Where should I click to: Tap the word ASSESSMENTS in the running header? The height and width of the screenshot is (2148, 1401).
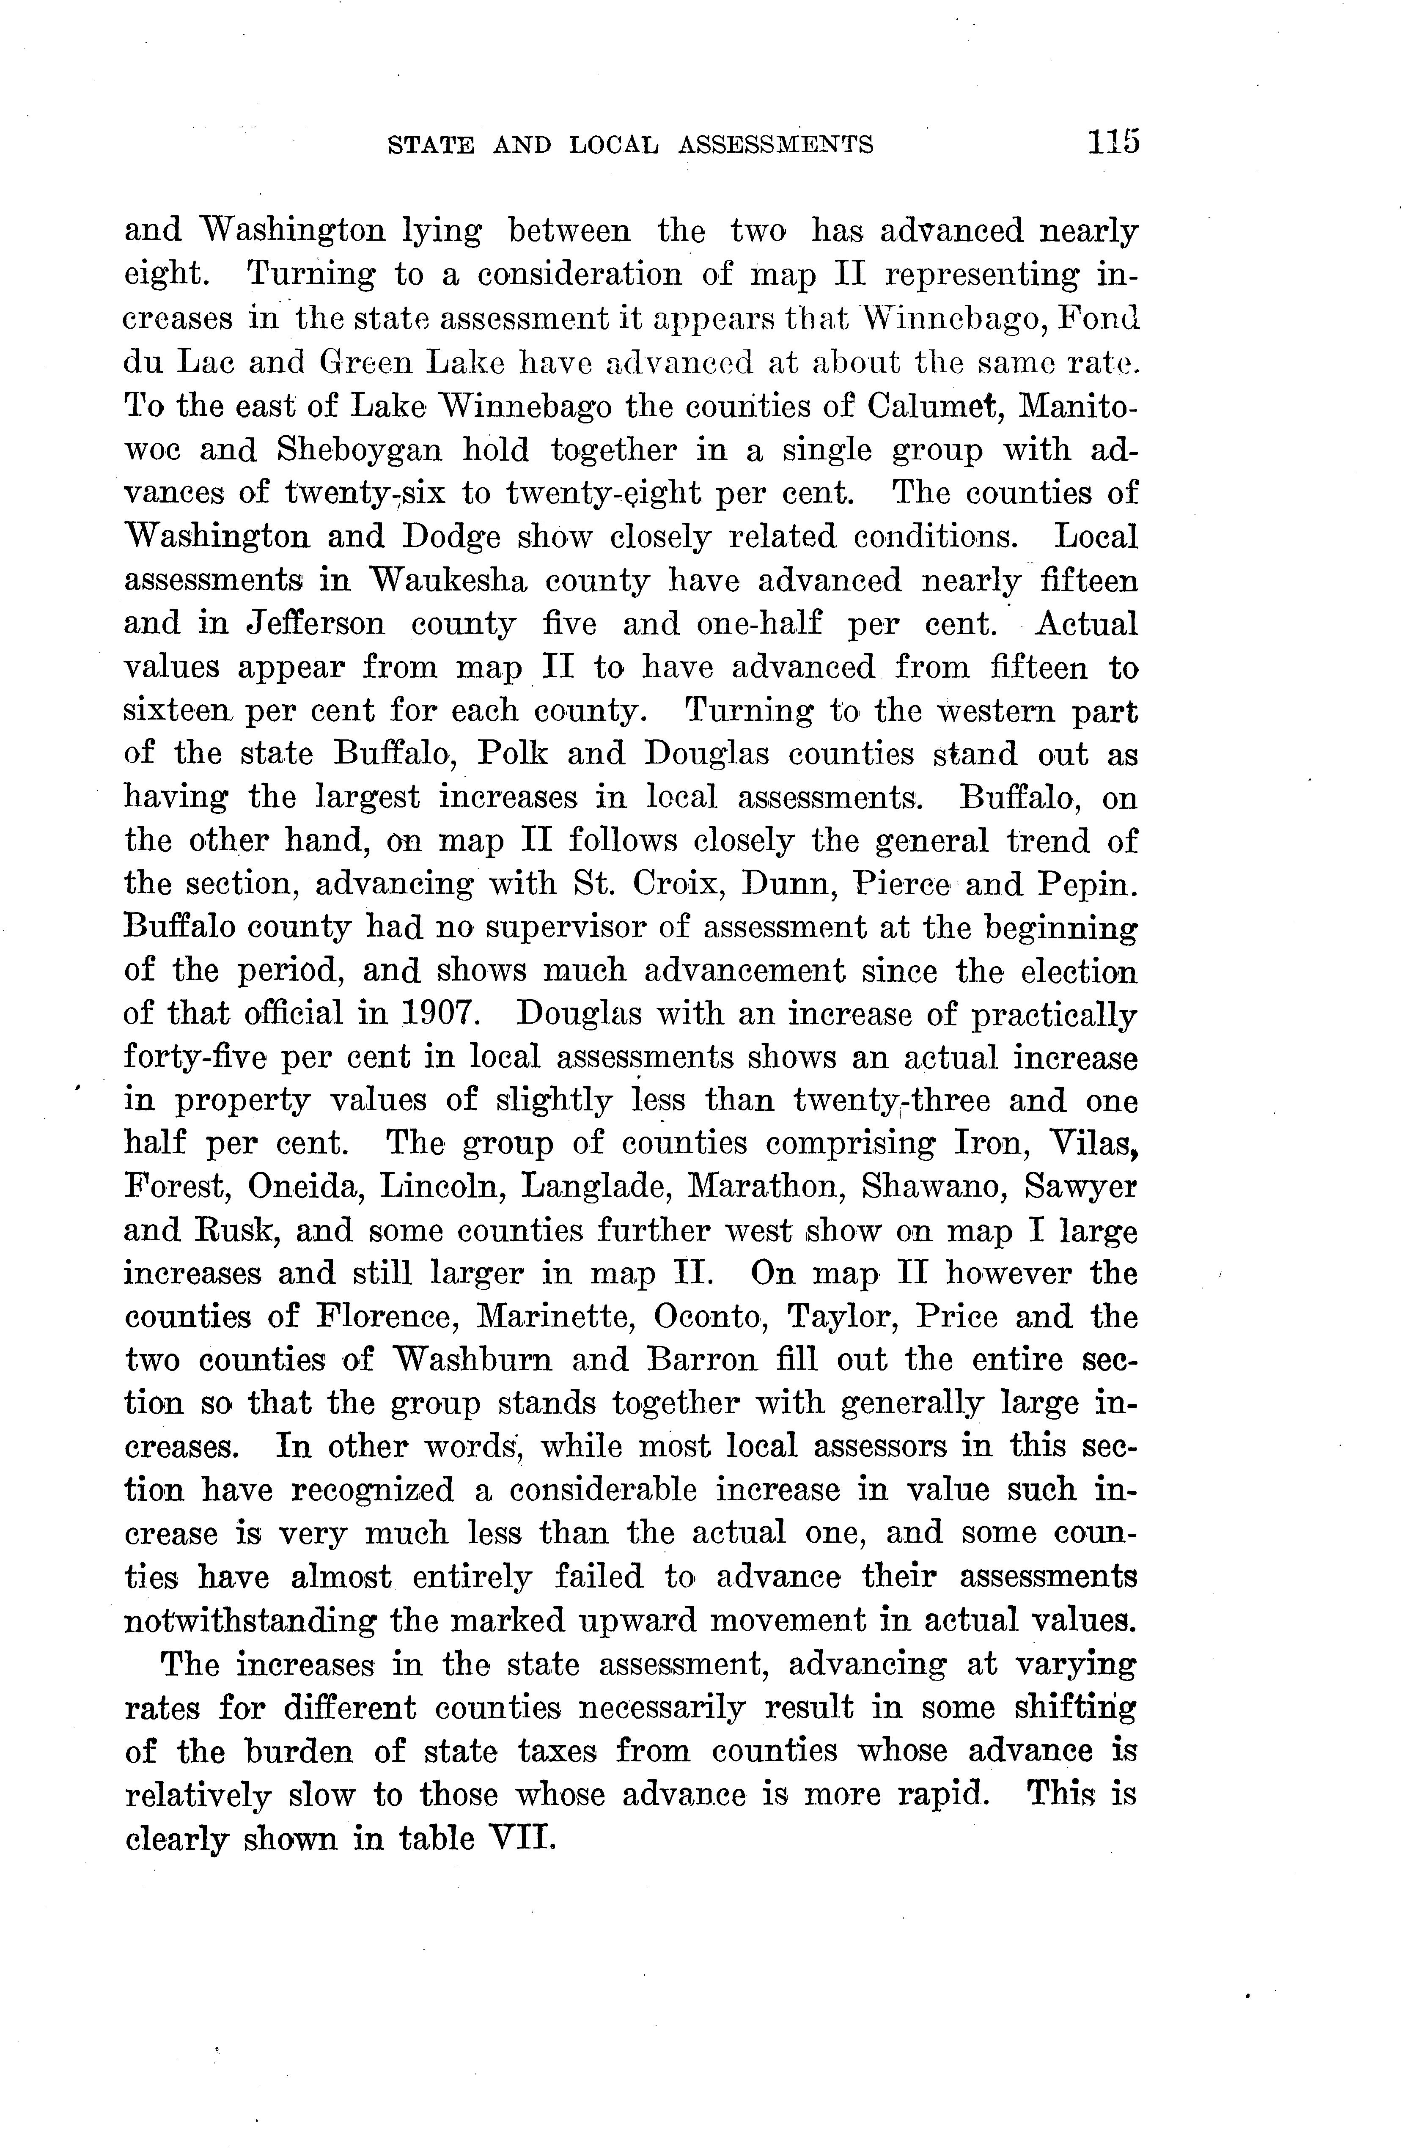pos(775,144)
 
